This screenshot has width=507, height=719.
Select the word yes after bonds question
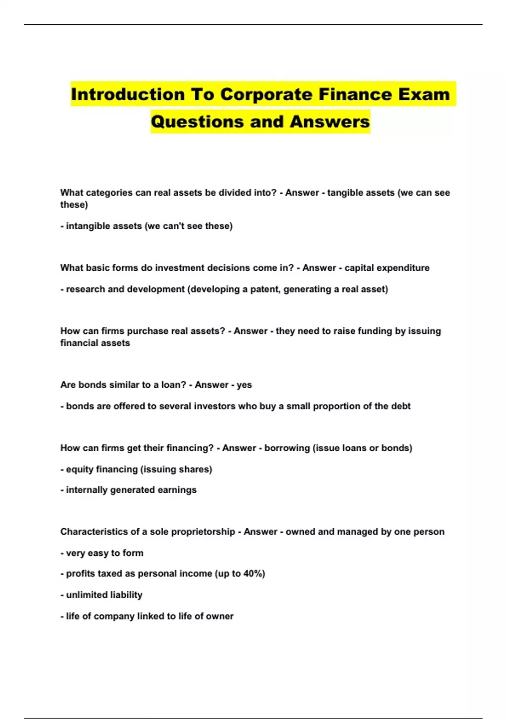pos(244,385)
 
